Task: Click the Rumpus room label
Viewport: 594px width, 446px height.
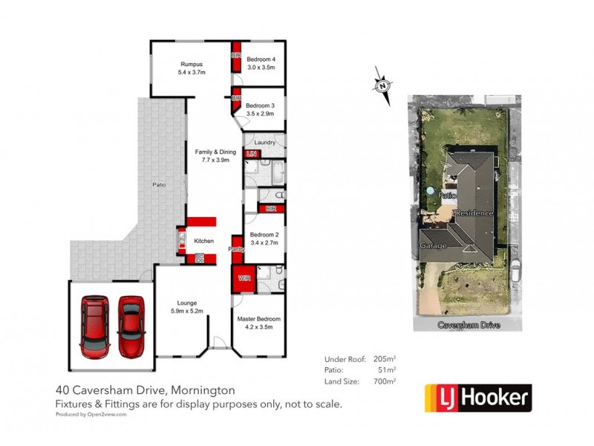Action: [190, 64]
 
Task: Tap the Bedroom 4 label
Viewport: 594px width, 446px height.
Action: [261, 59]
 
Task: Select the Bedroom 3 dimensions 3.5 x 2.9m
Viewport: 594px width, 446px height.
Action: [261, 114]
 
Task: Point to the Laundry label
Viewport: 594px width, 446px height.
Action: [265, 143]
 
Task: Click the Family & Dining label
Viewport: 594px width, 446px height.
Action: [215, 152]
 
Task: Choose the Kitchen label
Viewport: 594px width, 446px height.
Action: [203, 242]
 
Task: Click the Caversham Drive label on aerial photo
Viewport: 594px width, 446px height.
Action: [469, 326]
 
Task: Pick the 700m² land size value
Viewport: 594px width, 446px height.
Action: [384, 381]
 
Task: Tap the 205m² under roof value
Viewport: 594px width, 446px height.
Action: [384, 358]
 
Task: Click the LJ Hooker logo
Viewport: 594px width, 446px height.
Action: [477, 398]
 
